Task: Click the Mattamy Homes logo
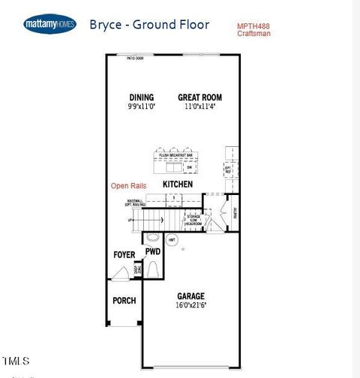(x=49, y=24)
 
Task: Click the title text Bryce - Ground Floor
(x=149, y=24)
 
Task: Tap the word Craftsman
(x=253, y=34)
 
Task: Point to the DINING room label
(x=141, y=97)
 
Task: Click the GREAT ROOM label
(x=199, y=97)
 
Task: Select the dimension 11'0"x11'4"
(x=199, y=106)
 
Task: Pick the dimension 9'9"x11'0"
(x=141, y=106)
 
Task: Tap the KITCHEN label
(x=178, y=184)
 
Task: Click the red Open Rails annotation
(x=128, y=185)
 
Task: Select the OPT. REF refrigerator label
(x=228, y=169)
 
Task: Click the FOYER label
(x=124, y=255)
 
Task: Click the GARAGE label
(x=190, y=295)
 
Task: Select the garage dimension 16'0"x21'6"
(x=190, y=305)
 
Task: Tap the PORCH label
(x=124, y=301)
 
